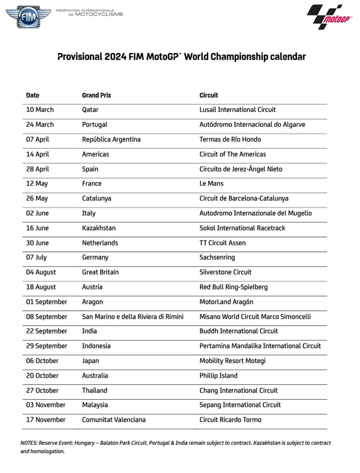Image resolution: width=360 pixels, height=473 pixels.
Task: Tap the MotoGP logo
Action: click(328, 18)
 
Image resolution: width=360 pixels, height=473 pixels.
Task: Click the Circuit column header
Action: click(208, 95)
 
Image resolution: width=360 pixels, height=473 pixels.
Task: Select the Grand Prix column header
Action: click(96, 95)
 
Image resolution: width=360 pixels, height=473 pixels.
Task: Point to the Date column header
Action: click(33, 95)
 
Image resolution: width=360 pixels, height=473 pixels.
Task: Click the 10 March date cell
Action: click(40, 110)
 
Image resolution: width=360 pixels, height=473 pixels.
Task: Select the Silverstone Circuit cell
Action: click(225, 272)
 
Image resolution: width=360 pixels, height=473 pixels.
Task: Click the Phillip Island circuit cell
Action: click(218, 375)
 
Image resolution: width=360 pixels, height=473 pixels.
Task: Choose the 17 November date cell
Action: click(46, 420)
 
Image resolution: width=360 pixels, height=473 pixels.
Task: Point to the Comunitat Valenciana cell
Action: click(113, 420)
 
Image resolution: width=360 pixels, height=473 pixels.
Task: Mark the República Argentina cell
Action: click(111, 139)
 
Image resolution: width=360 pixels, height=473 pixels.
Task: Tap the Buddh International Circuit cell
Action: click(238, 331)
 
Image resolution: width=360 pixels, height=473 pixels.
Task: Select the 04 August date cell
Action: click(42, 272)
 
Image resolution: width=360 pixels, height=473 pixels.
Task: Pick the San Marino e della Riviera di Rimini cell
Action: click(132, 317)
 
